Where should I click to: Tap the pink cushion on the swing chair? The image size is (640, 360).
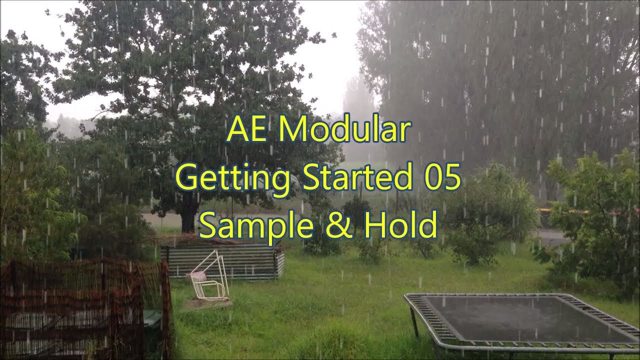click(x=198, y=275)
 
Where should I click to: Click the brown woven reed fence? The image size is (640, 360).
click(x=80, y=305)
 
